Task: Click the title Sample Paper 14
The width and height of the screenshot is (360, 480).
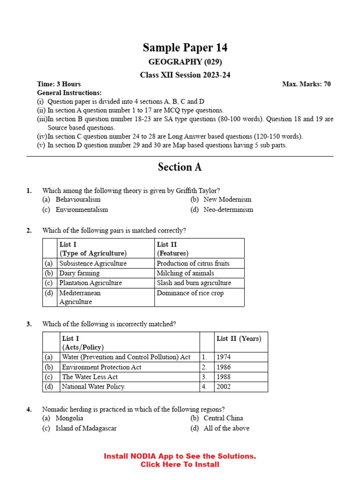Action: (x=185, y=47)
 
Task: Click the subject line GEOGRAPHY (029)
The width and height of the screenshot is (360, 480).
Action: (x=185, y=62)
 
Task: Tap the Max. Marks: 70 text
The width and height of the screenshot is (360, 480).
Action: (x=306, y=84)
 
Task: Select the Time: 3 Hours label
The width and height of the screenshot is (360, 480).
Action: (x=59, y=84)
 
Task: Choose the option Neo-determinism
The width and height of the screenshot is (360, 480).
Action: (x=228, y=210)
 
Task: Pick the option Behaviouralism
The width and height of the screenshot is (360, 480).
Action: (x=78, y=199)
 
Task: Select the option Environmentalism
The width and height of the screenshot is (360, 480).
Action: (x=82, y=210)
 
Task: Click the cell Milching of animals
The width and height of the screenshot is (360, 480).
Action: (x=185, y=273)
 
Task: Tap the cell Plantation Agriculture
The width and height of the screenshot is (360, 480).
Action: (x=90, y=283)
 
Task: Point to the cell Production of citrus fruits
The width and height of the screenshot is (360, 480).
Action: (x=193, y=263)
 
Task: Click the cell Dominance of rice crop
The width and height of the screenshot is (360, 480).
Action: (x=190, y=293)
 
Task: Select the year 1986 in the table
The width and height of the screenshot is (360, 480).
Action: (x=224, y=367)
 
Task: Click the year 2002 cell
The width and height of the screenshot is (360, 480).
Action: (x=224, y=387)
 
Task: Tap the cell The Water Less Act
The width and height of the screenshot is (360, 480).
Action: (x=90, y=377)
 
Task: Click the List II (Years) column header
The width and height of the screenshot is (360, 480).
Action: (x=239, y=338)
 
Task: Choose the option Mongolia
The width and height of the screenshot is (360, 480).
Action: (x=69, y=418)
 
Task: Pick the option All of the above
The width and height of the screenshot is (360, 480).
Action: (x=226, y=428)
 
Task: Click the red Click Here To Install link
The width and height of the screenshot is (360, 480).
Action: (x=180, y=465)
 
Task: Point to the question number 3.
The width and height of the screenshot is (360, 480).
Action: (x=29, y=324)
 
